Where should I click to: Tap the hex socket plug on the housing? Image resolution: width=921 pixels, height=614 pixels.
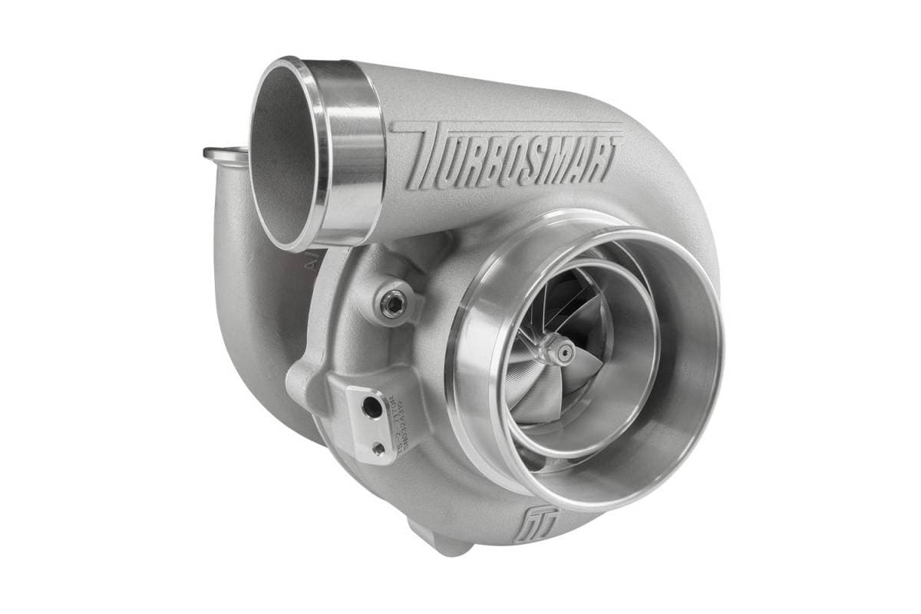click(391, 305)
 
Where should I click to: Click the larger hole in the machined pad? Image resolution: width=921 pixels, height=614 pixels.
click(373, 411)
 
